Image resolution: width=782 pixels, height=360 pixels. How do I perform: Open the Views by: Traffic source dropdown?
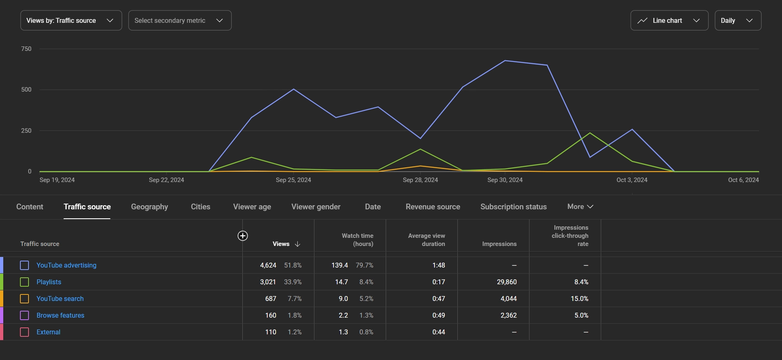coord(71,20)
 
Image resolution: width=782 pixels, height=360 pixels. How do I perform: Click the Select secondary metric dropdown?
coord(180,20)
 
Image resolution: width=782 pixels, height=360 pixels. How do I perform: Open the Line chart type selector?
coord(669,20)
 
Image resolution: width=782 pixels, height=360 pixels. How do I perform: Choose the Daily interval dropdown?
coord(738,20)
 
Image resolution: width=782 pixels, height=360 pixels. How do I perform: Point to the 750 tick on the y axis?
coord(26,49)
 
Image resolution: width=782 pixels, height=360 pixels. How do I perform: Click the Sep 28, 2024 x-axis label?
coord(420,180)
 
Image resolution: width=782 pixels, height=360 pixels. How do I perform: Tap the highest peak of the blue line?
coord(505,61)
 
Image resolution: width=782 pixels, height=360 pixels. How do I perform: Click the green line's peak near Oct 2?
coord(590,133)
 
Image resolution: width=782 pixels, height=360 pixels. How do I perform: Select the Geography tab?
coord(149,207)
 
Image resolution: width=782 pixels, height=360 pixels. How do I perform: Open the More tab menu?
coord(580,207)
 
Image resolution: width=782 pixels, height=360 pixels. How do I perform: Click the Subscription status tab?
coord(513,207)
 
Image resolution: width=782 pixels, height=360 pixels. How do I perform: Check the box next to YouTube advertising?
coord(24,266)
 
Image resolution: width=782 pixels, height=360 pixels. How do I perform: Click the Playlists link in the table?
coord(49,282)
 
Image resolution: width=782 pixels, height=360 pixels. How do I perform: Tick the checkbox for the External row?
coord(24,332)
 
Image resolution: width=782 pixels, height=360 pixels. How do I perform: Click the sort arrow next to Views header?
coord(297,244)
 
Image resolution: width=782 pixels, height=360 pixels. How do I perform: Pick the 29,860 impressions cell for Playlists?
coord(506,282)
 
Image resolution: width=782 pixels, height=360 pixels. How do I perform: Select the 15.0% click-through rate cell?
coord(579,299)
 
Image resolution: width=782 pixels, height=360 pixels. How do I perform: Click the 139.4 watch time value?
coord(339,266)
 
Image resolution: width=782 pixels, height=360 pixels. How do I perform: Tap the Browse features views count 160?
coord(270,316)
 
